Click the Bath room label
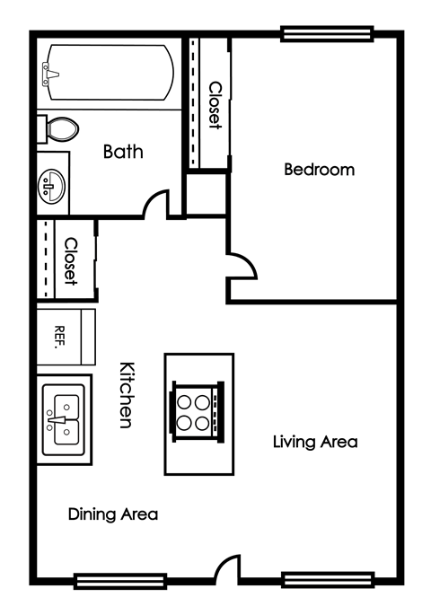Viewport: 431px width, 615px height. [x=123, y=152]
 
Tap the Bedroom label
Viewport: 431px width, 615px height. [x=319, y=169]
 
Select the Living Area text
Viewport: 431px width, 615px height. [x=315, y=442]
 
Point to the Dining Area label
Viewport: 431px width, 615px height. [x=113, y=514]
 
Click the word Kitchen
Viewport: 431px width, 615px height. [x=128, y=394]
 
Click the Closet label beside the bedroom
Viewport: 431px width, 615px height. [x=215, y=105]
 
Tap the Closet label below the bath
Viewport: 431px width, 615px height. [x=70, y=261]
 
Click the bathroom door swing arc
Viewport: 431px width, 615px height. [x=159, y=203]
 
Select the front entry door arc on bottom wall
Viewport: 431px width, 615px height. [x=227, y=569]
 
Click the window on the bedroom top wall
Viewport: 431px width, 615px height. [x=326, y=34]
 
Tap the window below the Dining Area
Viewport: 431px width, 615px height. [x=108, y=580]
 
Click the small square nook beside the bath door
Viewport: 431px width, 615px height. [x=207, y=193]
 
